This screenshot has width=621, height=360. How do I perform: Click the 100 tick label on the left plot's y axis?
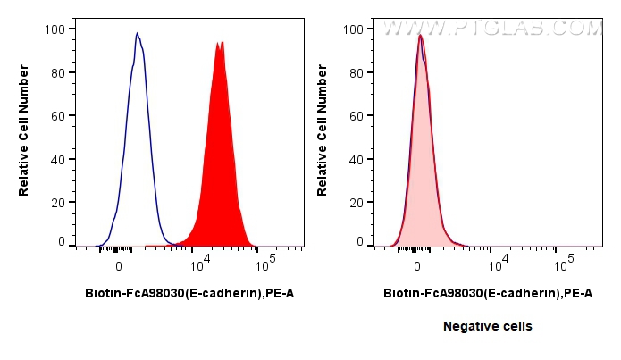pyautogui.click(x=55, y=29)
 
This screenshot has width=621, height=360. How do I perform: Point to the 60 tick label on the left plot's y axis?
pyautogui.click(x=58, y=116)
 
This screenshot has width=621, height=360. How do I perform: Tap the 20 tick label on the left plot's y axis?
pyautogui.click(x=58, y=203)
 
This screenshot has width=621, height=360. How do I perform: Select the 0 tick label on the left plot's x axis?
pyautogui.click(x=118, y=266)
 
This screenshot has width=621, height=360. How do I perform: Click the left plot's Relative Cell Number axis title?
pyautogui.click(x=24, y=134)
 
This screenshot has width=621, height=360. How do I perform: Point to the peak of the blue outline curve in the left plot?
pyautogui.click(x=137, y=34)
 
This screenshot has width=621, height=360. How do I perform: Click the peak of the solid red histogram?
pyautogui.click(x=218, y=42)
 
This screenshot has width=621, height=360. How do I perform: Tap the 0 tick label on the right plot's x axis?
pyautogui.click(x=416, y=266)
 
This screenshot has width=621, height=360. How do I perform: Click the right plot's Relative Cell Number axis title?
pyautogui.click(x=323, y=134)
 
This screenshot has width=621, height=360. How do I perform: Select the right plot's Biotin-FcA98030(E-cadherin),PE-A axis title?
pyautogui.click(x=488, y=293)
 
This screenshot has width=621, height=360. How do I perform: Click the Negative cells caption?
pyautogui.click(x=488, y=327)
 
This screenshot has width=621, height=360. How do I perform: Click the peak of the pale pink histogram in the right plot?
pyautogui.click(x=420, y=36)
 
